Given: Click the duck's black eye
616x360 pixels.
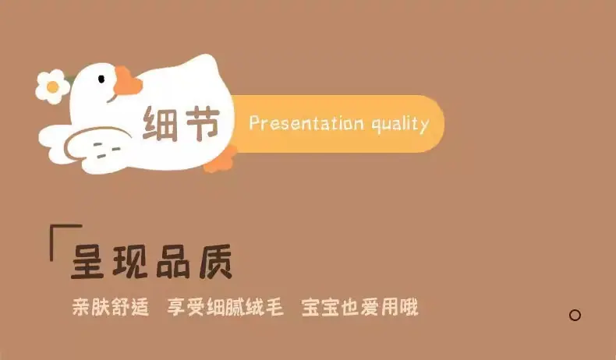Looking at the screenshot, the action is click(101, 79).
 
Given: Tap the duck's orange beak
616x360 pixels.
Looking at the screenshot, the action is click(127, 82).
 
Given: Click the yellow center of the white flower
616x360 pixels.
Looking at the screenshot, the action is click(53, 86).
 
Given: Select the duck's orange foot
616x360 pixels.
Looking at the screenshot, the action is click(221, 159).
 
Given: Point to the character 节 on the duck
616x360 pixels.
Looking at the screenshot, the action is click(202, 123).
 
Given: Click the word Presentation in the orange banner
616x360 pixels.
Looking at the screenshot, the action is click(306, 123).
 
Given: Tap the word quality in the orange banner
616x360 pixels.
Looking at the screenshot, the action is click(400, 124).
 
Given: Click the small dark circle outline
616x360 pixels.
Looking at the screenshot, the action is click(575, 315).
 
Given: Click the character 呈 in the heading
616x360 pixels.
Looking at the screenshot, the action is click(87, 262).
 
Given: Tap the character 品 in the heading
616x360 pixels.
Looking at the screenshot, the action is click(173, 262).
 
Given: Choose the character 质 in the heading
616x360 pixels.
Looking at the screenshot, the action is click(216, 262).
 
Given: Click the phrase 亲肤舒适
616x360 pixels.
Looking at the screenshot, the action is click(111, 307).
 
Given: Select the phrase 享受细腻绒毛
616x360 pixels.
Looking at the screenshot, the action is click(225, 307).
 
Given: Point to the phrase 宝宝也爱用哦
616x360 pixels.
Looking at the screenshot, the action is click(360, 307).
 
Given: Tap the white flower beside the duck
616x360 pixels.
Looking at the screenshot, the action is click(53, 86).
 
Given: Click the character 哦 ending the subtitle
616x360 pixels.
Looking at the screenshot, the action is click(409, 307).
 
